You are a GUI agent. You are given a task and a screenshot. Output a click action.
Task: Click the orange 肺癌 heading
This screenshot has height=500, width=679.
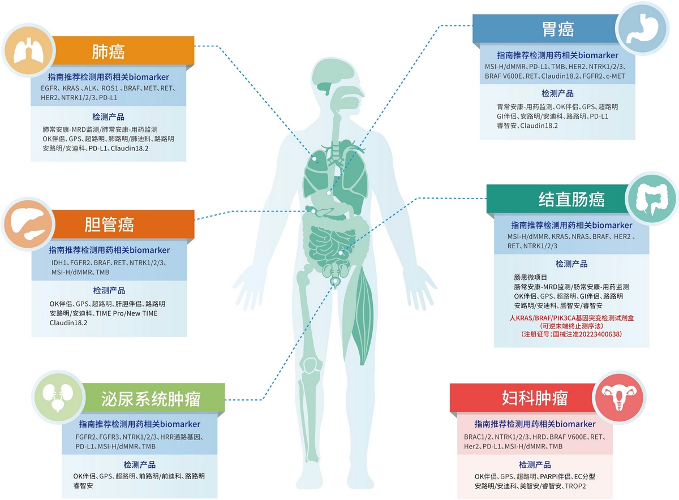point(108,52)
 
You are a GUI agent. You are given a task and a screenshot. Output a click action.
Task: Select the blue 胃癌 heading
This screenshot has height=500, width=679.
point(558,29)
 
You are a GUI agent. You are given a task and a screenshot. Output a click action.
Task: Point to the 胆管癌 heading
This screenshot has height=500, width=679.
point(109,225)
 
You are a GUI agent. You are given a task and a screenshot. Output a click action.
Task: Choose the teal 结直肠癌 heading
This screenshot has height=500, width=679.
point(571,199)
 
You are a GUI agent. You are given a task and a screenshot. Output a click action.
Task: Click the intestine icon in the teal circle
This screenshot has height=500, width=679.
point(654,199)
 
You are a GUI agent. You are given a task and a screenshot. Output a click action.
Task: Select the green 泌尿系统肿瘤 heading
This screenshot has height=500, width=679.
point(153,398)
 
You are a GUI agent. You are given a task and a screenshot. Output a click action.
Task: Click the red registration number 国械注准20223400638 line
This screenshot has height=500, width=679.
point(571,334)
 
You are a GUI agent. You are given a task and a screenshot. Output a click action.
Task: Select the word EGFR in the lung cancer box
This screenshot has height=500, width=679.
point(49,89)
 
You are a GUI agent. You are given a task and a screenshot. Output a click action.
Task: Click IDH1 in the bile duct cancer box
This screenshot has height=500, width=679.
point(59,263)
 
